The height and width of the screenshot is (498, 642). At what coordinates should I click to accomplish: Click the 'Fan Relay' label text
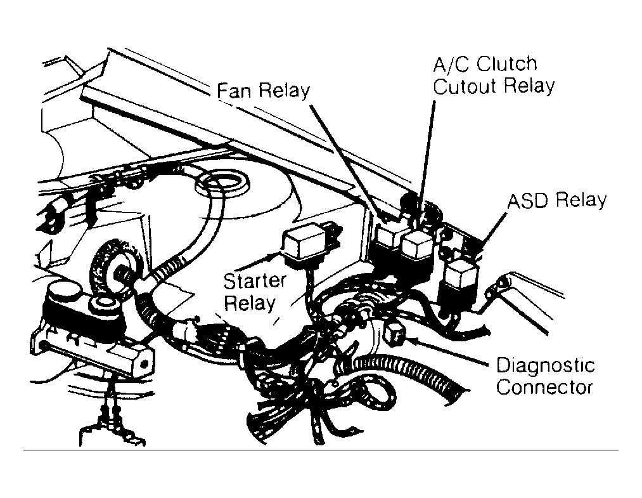pyautogui.click(x=263, y=91)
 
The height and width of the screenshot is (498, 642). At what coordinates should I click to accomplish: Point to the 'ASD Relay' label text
pyautogui.click(x=557, y=200)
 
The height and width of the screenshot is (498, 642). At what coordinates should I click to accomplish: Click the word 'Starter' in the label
pyautogui.click(x=255, y=281)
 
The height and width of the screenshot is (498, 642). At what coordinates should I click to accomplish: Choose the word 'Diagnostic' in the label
pyautogui.click(x=546, y=365)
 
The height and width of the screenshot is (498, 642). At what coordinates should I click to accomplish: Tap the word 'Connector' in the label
pyautogui.click(x=544, y=388)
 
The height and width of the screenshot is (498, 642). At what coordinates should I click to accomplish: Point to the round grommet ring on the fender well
pyautogui.click(x=222, y=183)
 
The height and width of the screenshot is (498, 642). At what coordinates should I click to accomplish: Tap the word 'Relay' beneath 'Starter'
pyautogui.click(x=250, y=304)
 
